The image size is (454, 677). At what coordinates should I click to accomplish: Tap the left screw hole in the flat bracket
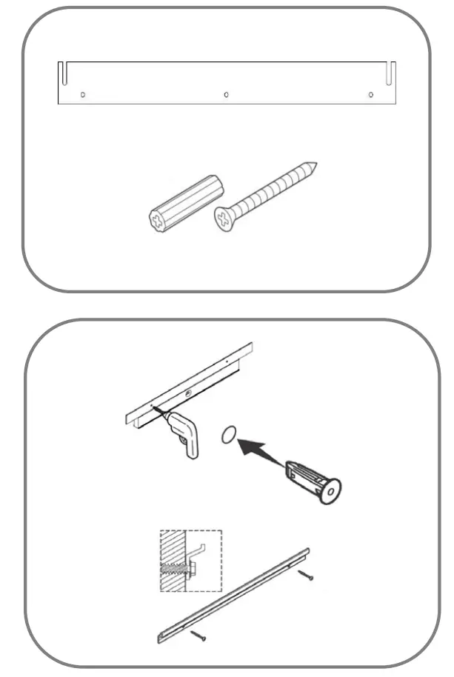[83, 95]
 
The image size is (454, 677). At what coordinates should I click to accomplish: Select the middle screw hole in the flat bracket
[226, 95]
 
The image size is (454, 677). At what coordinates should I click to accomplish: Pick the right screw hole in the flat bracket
[370, 95]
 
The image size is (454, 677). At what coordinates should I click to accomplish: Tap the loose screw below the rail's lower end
[199, 636]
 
